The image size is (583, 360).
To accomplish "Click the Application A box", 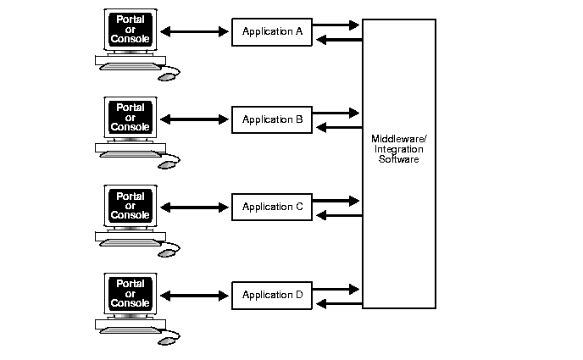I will [x=272, y=32].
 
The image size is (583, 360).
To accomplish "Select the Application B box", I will [x=272, y=119].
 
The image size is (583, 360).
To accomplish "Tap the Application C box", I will [x=272, y=207].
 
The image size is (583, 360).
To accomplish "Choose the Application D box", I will [x=272, y=295].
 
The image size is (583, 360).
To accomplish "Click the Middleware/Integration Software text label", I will [x=398, y=148].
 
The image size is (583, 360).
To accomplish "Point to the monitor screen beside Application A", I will [x=130, y=29].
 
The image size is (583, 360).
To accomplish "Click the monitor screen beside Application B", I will [x=130, y=116].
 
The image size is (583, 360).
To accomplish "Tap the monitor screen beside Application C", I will [x=130, y=204].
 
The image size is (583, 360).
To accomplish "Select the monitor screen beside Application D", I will [x=130, y=291].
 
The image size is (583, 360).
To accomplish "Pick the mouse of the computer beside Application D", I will [x=169, y=340].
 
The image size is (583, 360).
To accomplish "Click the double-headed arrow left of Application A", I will [x=194, y=32].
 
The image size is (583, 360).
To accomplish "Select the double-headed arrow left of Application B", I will [x=194, y=119].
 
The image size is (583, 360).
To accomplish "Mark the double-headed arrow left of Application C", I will [x=194, y=208].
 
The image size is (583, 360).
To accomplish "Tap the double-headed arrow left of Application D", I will [x=194, y=295].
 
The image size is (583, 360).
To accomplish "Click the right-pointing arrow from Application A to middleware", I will [x=336, y=25].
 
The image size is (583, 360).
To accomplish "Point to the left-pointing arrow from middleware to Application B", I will [x=336, y=127].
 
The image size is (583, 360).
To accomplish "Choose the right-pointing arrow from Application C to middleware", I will [x=336, y=201].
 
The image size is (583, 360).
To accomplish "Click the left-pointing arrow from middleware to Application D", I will [x=336, y=302].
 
